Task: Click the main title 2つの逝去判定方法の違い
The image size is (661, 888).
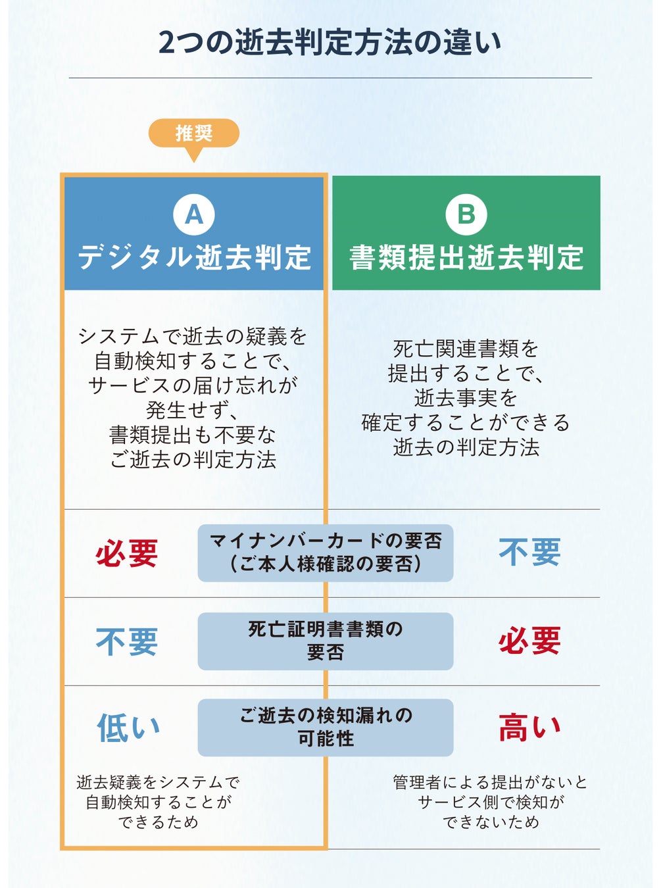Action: click(x=330, y=42)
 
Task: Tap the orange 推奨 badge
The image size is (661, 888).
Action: click(x=193, y=133)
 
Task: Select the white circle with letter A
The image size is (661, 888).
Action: click(x=193, y=214)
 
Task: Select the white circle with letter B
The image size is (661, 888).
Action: click(x=466, y=214)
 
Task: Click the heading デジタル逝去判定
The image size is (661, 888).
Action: click(x=194, y=257)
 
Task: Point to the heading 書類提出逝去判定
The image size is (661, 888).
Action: click(x=466, y=257)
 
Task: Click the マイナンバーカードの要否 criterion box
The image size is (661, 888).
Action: click(x=326, y=553)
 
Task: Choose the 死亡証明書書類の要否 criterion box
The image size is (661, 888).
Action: click(x=326, y=641)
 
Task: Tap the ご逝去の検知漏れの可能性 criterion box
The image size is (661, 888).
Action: click(x=326, y=727)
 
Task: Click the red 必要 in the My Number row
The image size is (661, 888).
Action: click(x=127, y=553)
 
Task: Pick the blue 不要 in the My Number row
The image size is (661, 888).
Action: click(x=529, y=552)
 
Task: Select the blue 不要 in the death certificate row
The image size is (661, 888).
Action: click(x=127, y=641)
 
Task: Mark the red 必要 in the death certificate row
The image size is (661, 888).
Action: click(x=529, y=641)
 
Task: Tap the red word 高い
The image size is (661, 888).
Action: click(x=529, y=728)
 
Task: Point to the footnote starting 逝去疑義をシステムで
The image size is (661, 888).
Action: click(x=158, y=802)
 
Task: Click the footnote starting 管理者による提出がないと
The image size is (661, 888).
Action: click(x=491, y=802)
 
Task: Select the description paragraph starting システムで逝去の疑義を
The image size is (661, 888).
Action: click(x=193, y=397)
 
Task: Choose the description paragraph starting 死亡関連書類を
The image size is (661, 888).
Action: click(x=466, y=397)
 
